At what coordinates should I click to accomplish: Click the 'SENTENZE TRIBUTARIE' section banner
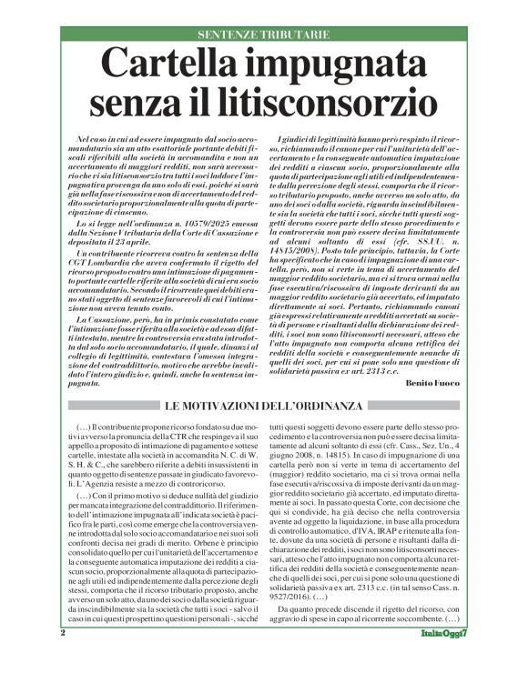coord(264,35)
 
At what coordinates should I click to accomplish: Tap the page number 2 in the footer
coord(63,657)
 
